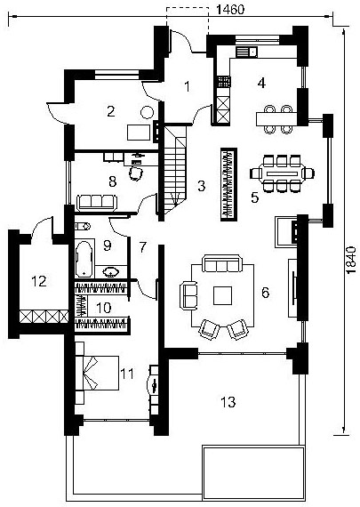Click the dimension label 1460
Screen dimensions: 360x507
(230, 10)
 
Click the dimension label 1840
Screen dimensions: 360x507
(351, 261)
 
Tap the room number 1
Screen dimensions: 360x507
(187, 86)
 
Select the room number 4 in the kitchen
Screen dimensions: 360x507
(261, 83)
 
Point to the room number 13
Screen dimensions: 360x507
(228, 402)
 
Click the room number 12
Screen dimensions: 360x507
(39, 281)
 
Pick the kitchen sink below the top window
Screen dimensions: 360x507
(246, 52)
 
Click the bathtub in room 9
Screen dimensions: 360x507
(84, 259)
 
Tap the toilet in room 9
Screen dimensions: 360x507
(83, 226)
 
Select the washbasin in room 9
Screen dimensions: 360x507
(111, 271)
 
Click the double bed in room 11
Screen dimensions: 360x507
(97, 373)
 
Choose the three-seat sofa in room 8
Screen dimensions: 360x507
(97, 203)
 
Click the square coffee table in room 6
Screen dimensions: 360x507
(222, 295)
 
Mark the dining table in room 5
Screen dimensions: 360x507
(282, 173)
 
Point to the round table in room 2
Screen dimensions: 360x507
(147, 113)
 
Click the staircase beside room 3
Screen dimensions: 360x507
(175, 170)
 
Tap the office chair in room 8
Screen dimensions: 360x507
(136, 173)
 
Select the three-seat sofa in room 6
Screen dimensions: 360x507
(221, 264)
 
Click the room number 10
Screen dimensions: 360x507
(103, 308)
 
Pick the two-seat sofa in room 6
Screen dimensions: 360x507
(188, 295)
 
